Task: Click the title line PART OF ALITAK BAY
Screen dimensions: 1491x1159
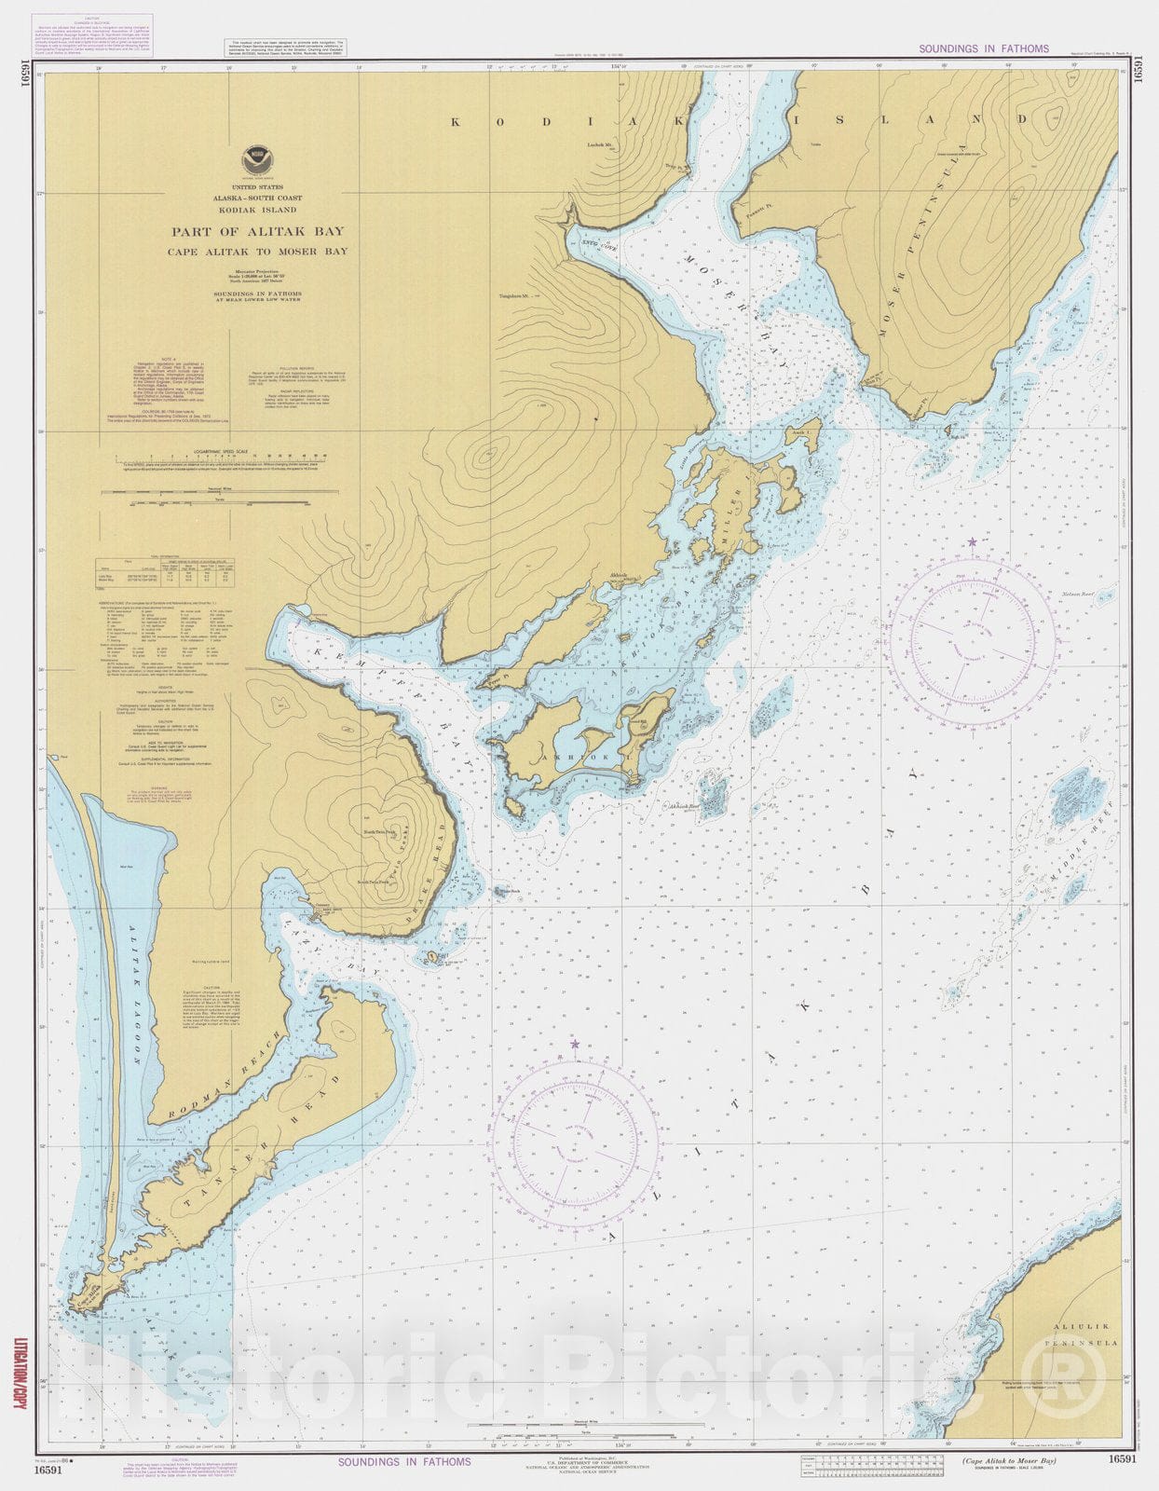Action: point(256,231)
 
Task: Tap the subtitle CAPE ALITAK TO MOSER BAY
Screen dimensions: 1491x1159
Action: point(256,252)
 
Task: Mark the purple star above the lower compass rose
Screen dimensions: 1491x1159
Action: point(575,1045)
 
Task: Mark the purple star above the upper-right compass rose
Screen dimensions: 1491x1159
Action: point(973,541)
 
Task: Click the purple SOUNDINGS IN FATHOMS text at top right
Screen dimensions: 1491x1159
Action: point(983,48)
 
